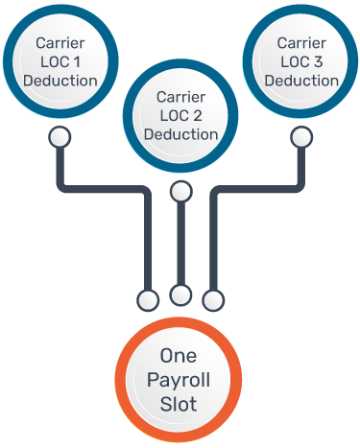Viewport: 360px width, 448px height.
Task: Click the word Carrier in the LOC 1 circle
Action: (60, 43)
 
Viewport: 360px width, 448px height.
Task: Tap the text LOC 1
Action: (60, 61)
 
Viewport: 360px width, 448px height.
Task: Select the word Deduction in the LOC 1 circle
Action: (60, 80)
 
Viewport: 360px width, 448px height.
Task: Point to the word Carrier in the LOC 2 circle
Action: (180, 97)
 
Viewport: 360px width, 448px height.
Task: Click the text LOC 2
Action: (180, 115)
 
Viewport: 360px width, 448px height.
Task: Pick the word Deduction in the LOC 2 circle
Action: (180, 133)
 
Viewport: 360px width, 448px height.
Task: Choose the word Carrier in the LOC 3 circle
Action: (300, 43)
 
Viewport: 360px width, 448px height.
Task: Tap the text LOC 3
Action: (300, 61)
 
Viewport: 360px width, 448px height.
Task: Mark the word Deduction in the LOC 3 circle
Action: (300, 80)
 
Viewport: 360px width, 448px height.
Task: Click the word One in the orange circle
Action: (179, 357)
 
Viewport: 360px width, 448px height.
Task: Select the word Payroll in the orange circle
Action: (179, 381)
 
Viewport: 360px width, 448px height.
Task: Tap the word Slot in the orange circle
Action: (179, 404)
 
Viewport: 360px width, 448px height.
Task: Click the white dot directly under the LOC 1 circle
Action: (60, 136)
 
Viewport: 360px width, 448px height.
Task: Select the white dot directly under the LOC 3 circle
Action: (300, 136)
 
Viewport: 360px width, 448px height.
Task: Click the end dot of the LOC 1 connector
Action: (148, 300)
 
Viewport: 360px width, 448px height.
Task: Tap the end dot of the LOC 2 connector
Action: (180, 294)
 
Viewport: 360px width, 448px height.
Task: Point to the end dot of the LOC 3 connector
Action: (212, 300)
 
